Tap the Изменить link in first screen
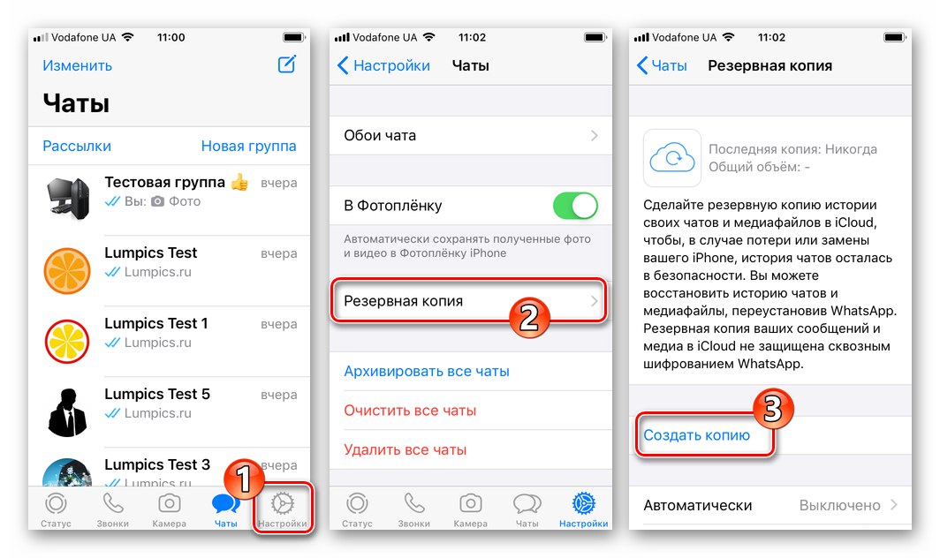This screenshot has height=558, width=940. (x=77, y=65)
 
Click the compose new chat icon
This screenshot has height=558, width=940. (x=286, y=64)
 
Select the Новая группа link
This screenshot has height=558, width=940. (x=248, y=147)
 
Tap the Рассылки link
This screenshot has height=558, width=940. (x=77, y=147)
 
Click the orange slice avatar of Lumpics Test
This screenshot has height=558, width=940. (x=67, y=270)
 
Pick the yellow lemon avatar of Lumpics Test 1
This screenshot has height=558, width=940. (x=67, y=341)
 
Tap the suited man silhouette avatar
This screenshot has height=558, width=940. (x=67, y=411)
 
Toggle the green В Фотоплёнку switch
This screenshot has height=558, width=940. (x=575, y=207)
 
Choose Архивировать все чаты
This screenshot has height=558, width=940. (x=427, y=372)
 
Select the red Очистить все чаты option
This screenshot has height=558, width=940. (x=410, y=411)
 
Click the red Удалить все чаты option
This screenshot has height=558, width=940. (x=406, y=449)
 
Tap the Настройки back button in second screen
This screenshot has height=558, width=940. (x=384, y=65)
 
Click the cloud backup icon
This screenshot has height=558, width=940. (x=671, y=159)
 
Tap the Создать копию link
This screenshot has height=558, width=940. (x=697, y=435)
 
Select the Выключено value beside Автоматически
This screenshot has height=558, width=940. (x=839, y=506)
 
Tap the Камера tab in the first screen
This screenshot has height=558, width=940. (x=169, y=510)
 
